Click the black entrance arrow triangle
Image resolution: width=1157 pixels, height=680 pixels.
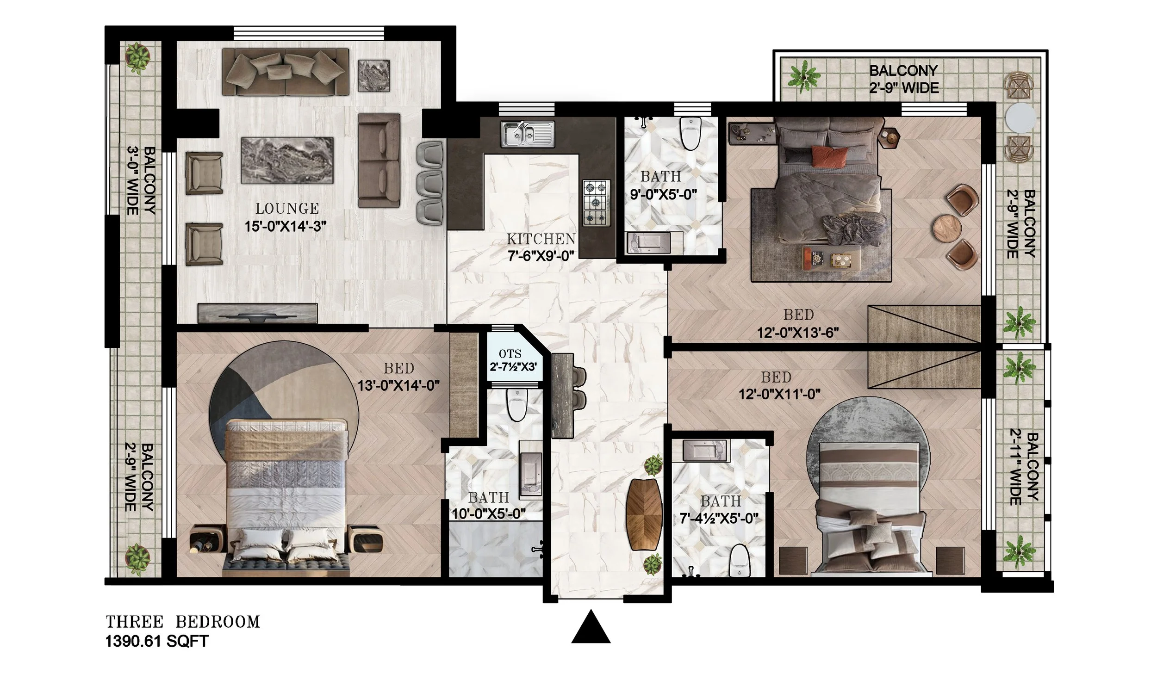point(591,628)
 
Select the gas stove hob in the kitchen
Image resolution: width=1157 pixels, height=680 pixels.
point(596,202)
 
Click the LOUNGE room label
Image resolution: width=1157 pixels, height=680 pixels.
point(287,209)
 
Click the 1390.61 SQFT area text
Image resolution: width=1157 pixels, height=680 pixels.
point(157,642)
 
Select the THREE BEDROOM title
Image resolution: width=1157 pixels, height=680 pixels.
point(183,622)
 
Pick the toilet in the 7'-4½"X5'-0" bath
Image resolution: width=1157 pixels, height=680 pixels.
point(739,562)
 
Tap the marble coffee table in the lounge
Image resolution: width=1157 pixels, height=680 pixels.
point(287,161)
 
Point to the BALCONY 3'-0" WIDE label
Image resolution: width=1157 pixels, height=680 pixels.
point(141,181)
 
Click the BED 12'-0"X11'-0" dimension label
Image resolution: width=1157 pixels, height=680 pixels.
point(779,385)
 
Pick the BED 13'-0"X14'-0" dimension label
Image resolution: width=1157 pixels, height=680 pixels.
point(398,377)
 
